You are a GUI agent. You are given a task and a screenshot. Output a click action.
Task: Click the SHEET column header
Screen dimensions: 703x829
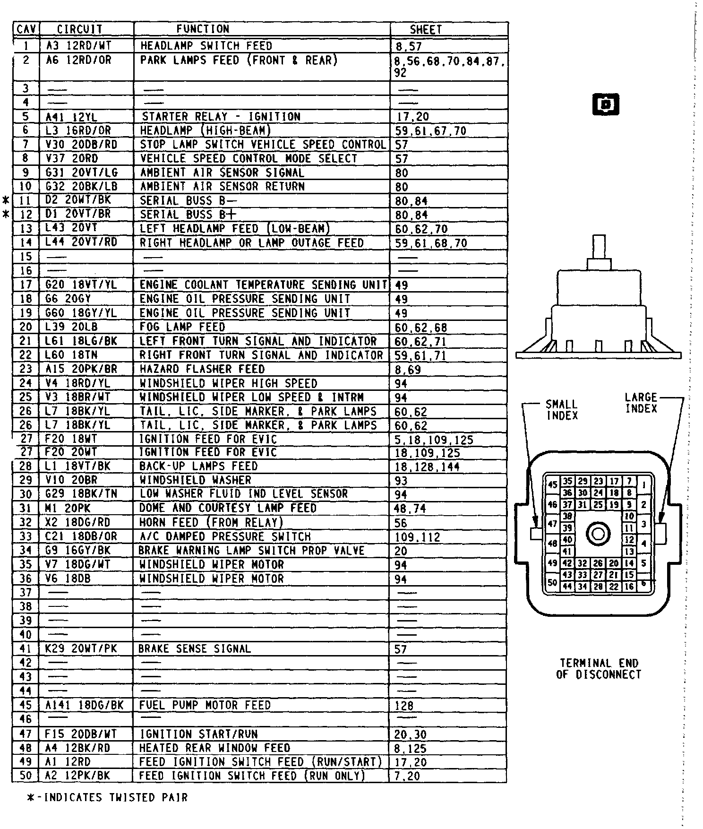426,29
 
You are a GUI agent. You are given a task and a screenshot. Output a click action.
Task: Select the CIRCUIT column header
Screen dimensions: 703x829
79,29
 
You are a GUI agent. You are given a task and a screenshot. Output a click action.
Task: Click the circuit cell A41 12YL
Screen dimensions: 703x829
71,117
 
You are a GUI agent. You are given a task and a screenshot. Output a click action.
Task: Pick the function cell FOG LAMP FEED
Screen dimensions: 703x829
182,327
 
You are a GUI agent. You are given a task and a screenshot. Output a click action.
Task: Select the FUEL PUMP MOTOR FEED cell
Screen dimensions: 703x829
205,705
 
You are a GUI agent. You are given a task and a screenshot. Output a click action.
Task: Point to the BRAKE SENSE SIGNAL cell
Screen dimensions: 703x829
194,649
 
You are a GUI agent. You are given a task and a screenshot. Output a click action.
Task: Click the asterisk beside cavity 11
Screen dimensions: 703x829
6,200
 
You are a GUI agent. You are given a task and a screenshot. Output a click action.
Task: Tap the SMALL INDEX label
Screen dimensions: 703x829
562,410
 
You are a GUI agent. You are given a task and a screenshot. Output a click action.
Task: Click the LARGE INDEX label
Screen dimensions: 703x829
641,403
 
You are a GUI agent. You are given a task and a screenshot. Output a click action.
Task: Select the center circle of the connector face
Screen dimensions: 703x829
598,534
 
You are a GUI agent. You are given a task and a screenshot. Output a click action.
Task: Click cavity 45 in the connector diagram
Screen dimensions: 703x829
552,484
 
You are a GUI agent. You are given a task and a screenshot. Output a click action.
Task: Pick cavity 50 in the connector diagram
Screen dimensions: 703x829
552,582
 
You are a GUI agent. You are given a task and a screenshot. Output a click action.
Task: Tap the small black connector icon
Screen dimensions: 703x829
605,104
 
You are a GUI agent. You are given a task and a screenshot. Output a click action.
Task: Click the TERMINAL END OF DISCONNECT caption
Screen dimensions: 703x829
599,669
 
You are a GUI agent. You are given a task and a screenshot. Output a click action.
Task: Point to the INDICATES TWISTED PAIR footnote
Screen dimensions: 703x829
108,798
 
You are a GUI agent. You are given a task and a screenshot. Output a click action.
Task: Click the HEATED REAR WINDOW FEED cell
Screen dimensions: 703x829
214,748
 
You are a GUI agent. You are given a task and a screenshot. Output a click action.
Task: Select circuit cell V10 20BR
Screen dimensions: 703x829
71,480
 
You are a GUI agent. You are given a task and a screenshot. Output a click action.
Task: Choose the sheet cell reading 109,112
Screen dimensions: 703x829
417,537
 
